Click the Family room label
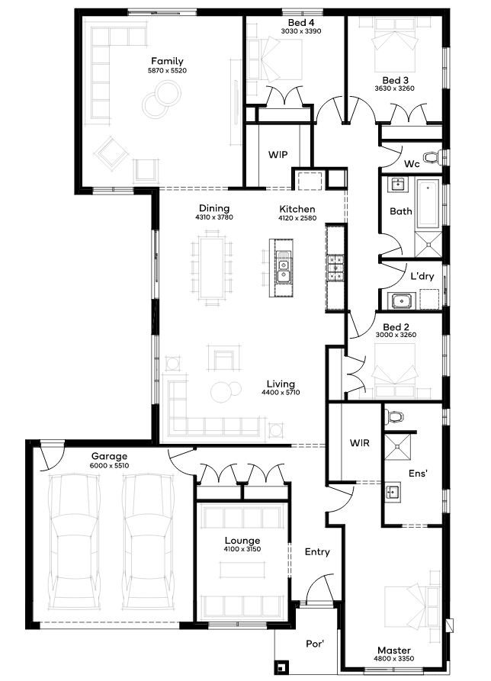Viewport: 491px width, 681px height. [x=167, y=61]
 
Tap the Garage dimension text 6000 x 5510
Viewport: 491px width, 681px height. [x=109, y=466]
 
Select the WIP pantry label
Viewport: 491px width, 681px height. [x=278, y=155]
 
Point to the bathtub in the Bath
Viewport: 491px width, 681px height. [x=428, y=204]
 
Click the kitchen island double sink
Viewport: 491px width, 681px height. [x=283, y=268]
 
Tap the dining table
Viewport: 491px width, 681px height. [x=211, y=268]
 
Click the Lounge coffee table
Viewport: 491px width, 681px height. [x=242, y=570]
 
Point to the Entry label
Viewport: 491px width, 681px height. [x=317, y=551]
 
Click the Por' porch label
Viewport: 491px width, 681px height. [x=315, y=643]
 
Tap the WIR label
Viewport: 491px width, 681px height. [x=359, y=443]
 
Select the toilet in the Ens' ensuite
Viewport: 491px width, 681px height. [x=396, y=416]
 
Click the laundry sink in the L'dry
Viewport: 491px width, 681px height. [x=402, y=300]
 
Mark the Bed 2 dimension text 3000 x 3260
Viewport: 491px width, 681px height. [x=396, y=335]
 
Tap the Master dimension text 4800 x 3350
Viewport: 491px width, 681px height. [x=393, y=658]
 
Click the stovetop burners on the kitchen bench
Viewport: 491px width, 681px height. [x=335, y=267]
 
